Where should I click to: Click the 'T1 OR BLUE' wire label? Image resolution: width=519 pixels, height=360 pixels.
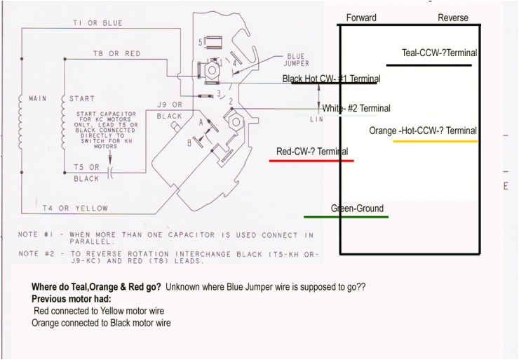tap(97, 23)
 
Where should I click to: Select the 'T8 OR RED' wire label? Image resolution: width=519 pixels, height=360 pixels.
tap(116, 53)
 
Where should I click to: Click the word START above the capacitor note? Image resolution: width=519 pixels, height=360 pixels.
tap(81, 99)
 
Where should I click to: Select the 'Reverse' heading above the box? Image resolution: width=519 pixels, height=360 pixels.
tap(452, 18)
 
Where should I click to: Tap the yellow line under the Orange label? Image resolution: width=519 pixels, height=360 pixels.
tap(435, 142)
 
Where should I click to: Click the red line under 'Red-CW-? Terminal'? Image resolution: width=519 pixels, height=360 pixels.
tap(311, 161)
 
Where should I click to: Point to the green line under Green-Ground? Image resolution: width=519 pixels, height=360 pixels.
tap(346, 217)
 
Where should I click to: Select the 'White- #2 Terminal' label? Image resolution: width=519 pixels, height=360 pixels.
tap(356, 108)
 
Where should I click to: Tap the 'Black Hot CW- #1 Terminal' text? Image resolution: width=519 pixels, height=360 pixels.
tap(330, 79)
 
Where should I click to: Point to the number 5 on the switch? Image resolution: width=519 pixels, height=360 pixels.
tap(201, 43)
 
